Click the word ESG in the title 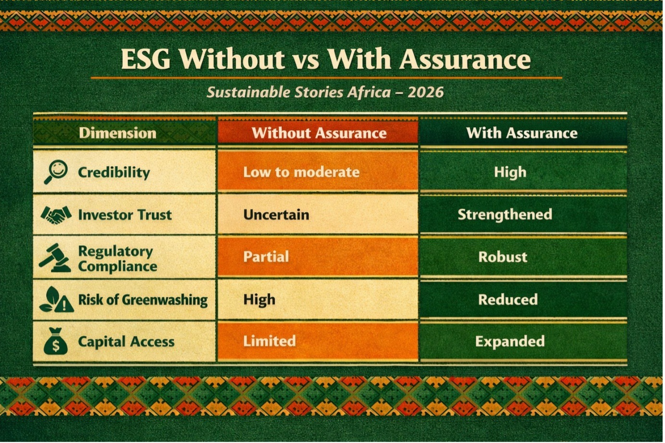tap(146, 59)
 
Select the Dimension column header tap(118, 133)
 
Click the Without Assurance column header tap(319, 133)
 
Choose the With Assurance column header tap(522, 133)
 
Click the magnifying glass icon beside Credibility tap(56, 172)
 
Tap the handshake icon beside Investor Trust tap(56, 215)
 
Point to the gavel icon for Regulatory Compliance tap(55, 258)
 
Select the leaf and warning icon tap(56, 299)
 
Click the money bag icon tap(56, 341)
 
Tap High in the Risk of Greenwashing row tap(259, 300)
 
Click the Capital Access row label tap(126, 342)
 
